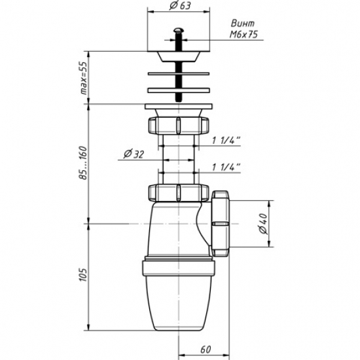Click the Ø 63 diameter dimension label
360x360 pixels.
(180, 6)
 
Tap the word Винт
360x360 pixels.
(243, 24)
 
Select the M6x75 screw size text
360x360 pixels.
(244, 35)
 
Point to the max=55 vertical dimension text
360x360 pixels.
(84, 78)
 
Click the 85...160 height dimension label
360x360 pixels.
(84, 162)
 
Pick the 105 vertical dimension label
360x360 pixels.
(83, 275)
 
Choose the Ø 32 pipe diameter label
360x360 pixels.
(134, 154)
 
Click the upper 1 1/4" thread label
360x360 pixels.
(226, 140)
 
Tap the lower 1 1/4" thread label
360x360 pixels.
(226, 167)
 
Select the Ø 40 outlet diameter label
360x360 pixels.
(263, 224)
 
